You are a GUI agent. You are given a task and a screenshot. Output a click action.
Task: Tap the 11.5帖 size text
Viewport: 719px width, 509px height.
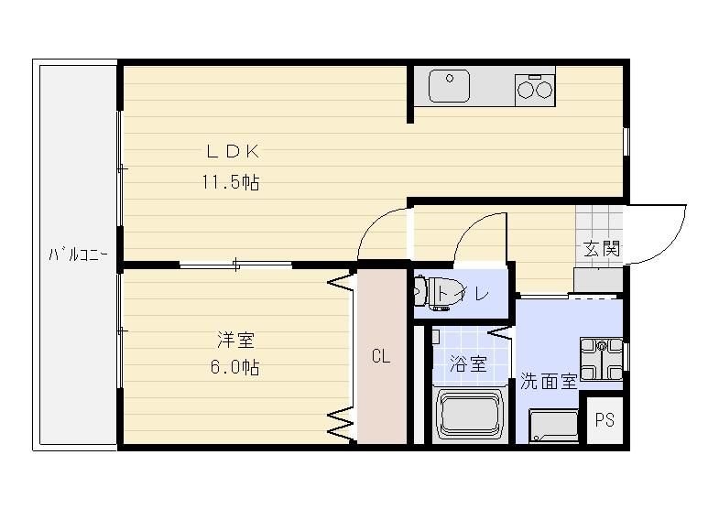pyautogui.click(x=231, y=183)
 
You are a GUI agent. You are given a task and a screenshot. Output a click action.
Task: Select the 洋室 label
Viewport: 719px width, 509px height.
pyautogui.click(x=235, y=341)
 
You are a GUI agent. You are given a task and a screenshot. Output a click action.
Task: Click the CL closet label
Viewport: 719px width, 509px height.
pyautogui.click(x=381, y=357)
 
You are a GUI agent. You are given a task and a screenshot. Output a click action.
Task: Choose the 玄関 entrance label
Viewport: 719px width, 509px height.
pyautogui.click(x=603, y=247)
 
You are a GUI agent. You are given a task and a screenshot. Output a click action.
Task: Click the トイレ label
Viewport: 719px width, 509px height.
pyautogui.click(x=463, y=294)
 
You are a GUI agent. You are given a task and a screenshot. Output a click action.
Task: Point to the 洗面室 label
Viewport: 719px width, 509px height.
pyautogui.click(x=549, y=381)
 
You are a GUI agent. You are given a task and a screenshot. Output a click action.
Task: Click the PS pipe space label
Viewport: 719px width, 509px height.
pyautogui.click(x=605, y=420)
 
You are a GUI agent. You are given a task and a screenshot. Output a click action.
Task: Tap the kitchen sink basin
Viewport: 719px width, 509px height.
pyautogui.click(x=450, y=88)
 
